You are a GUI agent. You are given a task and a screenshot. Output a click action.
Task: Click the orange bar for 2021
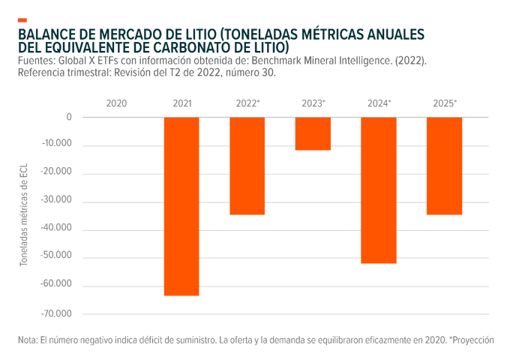click(181, 206)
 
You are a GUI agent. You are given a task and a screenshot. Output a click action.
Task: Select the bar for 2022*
click(247, 166)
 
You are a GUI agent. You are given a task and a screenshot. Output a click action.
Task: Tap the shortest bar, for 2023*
click(313, 133)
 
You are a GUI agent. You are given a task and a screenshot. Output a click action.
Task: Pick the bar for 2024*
click(379, 190)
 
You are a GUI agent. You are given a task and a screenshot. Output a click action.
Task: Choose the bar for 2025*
click(444, 166)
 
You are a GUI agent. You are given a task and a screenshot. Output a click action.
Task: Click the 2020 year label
click(116, 102)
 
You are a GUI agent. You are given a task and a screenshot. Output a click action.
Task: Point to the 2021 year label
click(181, 102)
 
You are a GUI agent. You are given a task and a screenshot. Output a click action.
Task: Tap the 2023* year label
click(313, 102)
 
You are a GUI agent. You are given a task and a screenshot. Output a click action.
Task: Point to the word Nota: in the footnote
click(27, 340)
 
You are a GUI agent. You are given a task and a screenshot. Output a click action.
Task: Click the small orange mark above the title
click(22, 20)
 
